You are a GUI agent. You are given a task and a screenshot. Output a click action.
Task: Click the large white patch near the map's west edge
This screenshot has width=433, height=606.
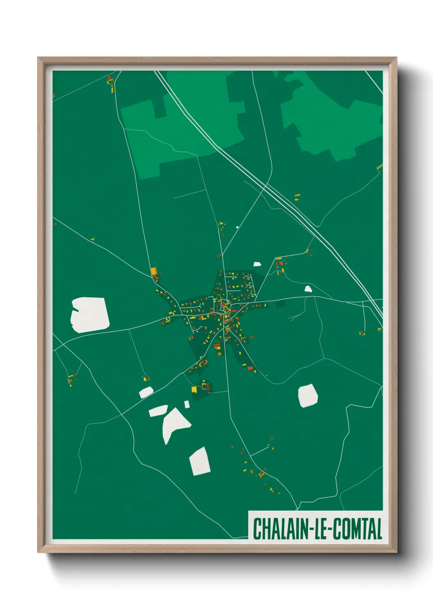90,314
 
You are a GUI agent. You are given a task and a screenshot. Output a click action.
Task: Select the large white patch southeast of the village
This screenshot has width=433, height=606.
308,396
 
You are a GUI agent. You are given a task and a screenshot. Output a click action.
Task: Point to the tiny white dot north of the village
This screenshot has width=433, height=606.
237,227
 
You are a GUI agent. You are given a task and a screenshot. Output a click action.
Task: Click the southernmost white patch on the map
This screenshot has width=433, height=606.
200,461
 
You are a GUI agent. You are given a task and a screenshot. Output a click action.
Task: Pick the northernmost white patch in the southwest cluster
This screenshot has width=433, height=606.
146,392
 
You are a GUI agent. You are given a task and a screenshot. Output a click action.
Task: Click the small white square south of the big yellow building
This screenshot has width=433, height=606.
187,404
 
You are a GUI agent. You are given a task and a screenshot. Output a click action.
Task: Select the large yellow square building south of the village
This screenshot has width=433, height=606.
194,389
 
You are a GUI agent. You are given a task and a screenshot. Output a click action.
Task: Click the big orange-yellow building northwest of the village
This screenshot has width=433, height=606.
154,271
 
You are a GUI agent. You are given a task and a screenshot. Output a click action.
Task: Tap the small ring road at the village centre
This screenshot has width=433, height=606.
224,305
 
